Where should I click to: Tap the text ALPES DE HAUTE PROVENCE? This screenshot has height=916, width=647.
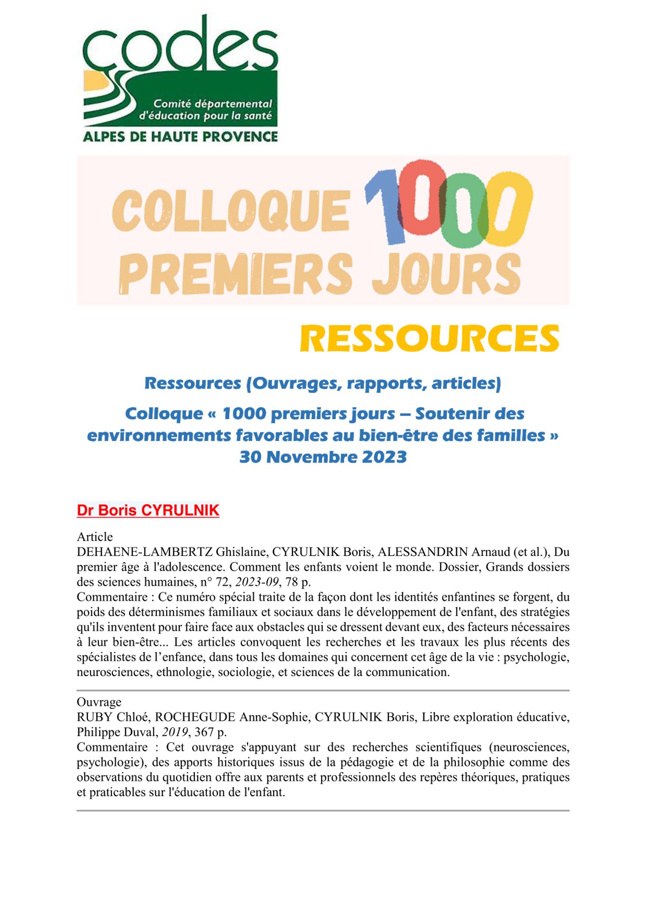click(x=180, y=136)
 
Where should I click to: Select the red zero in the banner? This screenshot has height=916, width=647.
click(x=422, y=197)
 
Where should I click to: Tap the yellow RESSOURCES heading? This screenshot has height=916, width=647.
click(x=429, y=338)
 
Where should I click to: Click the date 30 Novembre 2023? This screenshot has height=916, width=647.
click(x=323, y=457)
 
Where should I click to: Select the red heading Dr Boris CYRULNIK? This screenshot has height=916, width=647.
click(x=148, y=510)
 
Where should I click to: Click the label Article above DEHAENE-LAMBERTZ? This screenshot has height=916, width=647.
click(x=95, y=537)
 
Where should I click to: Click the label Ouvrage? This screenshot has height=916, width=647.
click(x=99, y=702)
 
